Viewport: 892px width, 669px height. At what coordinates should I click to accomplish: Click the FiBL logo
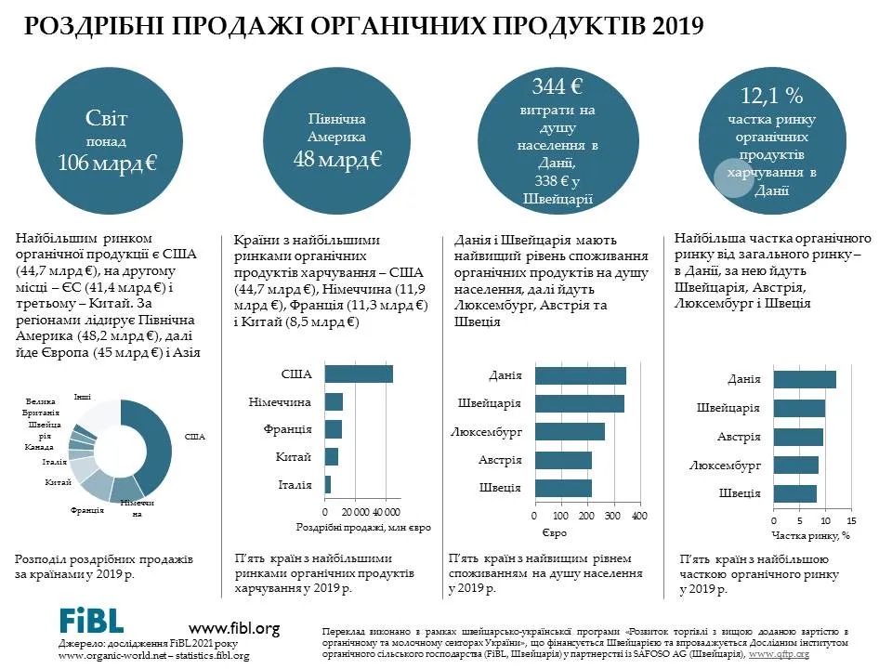(x=91, y=620)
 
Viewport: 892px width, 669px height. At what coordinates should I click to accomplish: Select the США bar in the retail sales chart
(x=359, y=374)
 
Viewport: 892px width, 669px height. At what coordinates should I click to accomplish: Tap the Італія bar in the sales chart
(x=328, y=485)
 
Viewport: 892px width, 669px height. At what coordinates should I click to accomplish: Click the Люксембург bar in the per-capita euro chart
(x=570, y=432)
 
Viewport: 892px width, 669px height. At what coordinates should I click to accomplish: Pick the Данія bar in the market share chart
(x=805, y=379)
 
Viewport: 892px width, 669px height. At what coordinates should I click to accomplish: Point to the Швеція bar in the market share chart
(x=795, y=493)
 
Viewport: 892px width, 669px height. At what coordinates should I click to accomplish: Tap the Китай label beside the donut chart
(x=58, y=482)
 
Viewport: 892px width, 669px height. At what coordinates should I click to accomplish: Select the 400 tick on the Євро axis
(x=640, y=516)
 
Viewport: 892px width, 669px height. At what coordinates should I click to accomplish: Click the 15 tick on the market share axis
(x=851, y=520)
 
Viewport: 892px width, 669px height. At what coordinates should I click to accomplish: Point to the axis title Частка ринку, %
(x=810, y=535)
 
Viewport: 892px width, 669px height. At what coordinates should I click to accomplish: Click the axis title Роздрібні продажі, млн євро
(x=363, y=528)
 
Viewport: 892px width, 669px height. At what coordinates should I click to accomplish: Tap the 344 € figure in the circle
(x=557, y=86)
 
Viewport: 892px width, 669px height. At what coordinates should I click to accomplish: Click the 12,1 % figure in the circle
(x=771, y=96)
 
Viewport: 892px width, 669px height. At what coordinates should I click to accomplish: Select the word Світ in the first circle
(x=106, y=118)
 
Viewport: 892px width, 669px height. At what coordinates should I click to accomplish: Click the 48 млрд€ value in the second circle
(x=337, y=159)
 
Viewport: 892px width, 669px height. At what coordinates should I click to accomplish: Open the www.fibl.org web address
(x=234, y=629)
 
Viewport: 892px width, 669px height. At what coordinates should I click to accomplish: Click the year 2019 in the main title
(x=678, y=26)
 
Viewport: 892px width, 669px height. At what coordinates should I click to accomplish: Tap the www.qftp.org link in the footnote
(x=779, y=654)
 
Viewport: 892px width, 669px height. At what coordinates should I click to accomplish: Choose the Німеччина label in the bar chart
(x=280, y=402)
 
